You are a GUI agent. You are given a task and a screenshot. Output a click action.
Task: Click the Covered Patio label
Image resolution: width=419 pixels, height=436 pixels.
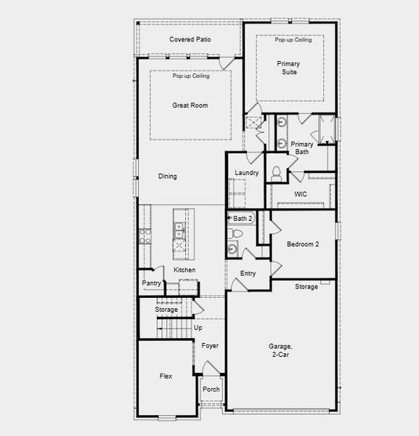(x=190, y=39)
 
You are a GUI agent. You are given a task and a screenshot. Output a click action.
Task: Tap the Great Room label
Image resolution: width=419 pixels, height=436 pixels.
(x=190, y=105)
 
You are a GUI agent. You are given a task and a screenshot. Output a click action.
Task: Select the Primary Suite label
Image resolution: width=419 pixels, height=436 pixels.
(x=288, y=68)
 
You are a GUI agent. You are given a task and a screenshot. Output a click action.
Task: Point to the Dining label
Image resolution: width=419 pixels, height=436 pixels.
(x=168, y=176)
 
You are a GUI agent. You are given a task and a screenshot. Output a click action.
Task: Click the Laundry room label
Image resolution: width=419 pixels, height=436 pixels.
(x=247, y=173)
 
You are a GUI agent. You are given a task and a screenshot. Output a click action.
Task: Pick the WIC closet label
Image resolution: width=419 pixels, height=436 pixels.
(x=301, y=194)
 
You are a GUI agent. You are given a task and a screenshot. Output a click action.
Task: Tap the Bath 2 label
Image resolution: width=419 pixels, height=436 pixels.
(x=243, y=218)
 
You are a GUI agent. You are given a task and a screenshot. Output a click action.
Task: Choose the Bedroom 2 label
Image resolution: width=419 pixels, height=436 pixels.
(x=303, y=244)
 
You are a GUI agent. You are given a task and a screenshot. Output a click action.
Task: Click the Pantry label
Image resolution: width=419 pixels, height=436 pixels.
(x=152, y=283)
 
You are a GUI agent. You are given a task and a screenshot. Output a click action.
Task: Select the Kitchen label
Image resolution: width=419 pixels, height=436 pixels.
(x=184, y=270)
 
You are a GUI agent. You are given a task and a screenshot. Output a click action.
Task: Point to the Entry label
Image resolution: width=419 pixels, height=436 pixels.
(x=248, y=273)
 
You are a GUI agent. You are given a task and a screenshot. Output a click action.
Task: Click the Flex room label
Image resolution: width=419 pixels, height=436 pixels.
(x=166, y=376)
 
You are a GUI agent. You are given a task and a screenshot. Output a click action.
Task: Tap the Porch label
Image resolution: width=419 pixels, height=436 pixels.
(x=211, y=389)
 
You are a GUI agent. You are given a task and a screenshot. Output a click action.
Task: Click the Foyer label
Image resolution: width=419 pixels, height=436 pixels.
(x=210, y=346)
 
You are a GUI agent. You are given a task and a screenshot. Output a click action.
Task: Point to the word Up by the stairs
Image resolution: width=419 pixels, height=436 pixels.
(x=198, y=328)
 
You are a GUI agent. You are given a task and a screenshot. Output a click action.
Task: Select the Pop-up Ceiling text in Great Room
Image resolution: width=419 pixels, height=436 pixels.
(x=191, y=76)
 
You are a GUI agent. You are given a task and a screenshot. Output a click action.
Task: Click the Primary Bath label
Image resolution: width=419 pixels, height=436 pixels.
(x=302, y=148)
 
